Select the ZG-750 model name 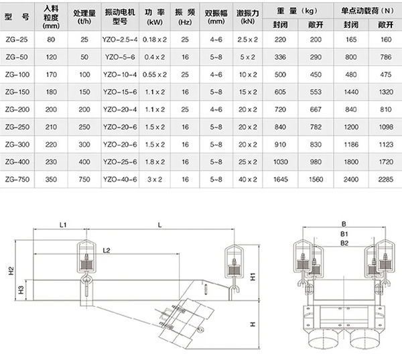point(17,180)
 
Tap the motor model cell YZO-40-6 point(121,180)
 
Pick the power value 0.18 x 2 point(157,40)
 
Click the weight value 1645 point(280,180)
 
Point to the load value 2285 point(384,180)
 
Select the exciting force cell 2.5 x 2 point(247,40)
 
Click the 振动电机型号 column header point(121,15)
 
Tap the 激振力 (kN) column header point(247,15)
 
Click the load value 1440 point(348,93)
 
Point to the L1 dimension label point(61,226)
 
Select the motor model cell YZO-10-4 point(121,75)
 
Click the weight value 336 point(280,58)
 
